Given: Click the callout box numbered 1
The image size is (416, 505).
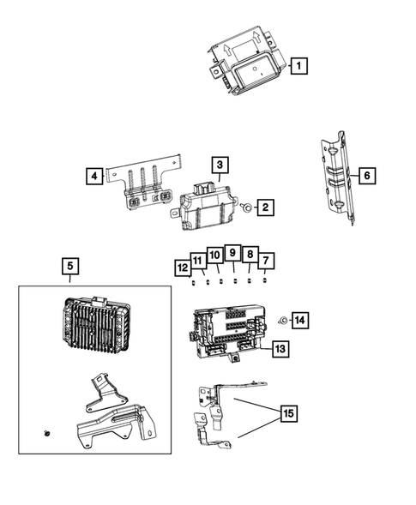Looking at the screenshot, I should point(298,64).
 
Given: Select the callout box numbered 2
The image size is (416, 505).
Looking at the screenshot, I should point(267,207).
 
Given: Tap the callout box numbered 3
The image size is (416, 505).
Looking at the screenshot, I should point(220,164).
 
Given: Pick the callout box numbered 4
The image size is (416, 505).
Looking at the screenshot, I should point(93,177).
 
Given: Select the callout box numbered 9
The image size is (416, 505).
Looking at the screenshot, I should point(232,253).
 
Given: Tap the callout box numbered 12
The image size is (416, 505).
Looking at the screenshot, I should point(182,268).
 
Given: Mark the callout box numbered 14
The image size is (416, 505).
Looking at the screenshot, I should point(298,320).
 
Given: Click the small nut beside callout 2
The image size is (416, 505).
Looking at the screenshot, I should point(247,207).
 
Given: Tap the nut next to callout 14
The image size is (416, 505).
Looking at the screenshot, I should point(281,320).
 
